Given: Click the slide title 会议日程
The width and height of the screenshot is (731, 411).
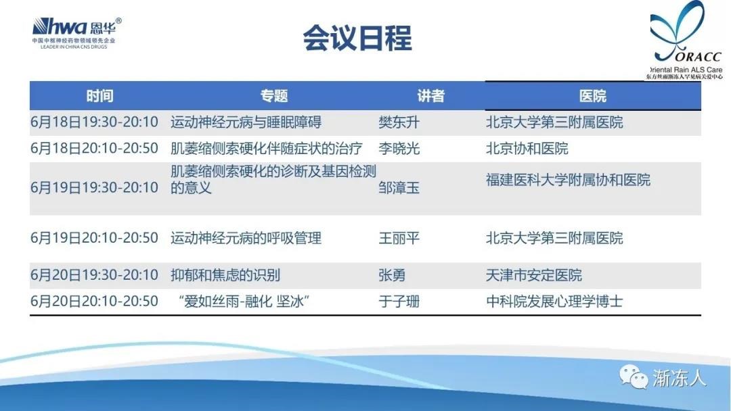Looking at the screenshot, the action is tap(357, 38).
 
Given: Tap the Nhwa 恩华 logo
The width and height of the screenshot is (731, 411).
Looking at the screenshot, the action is tap(77, 32).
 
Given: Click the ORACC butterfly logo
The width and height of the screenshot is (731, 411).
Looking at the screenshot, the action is tap(686, 40).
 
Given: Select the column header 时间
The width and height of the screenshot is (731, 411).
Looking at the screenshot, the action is tap(99, 96).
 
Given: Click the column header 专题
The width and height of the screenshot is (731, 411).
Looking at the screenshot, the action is tap(274, 96).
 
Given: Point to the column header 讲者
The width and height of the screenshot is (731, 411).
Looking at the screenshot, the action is tap(430, 96).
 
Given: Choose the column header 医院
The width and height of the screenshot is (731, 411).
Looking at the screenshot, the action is tap(592, 96).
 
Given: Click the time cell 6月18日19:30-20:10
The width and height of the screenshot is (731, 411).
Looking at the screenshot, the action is tap(94, 122).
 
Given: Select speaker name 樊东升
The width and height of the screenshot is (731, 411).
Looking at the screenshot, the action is tap(399, 122).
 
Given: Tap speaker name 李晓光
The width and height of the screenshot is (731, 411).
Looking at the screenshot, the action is tap(399, 149).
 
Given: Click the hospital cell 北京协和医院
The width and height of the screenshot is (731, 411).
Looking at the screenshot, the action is tap(527, 149).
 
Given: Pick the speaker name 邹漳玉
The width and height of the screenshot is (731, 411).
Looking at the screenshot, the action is tap(399, 187).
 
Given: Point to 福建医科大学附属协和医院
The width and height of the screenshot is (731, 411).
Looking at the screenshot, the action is tap(568, 180).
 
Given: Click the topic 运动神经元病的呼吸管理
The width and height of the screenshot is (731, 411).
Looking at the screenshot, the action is tap(246, 238).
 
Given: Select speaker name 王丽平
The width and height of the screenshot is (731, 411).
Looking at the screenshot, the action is tap(399, 238).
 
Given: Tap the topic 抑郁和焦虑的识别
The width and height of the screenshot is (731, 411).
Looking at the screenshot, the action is tap(225, 275).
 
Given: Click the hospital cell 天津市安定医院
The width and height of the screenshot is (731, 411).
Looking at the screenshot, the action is tap(534, 275).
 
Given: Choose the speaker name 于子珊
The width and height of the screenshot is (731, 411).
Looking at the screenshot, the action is tap(399, 301).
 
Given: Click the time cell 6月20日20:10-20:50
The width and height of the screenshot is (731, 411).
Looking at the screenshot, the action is tap(94, 301).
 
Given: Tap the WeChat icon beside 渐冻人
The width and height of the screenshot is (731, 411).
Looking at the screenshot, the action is tap(634, 377).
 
